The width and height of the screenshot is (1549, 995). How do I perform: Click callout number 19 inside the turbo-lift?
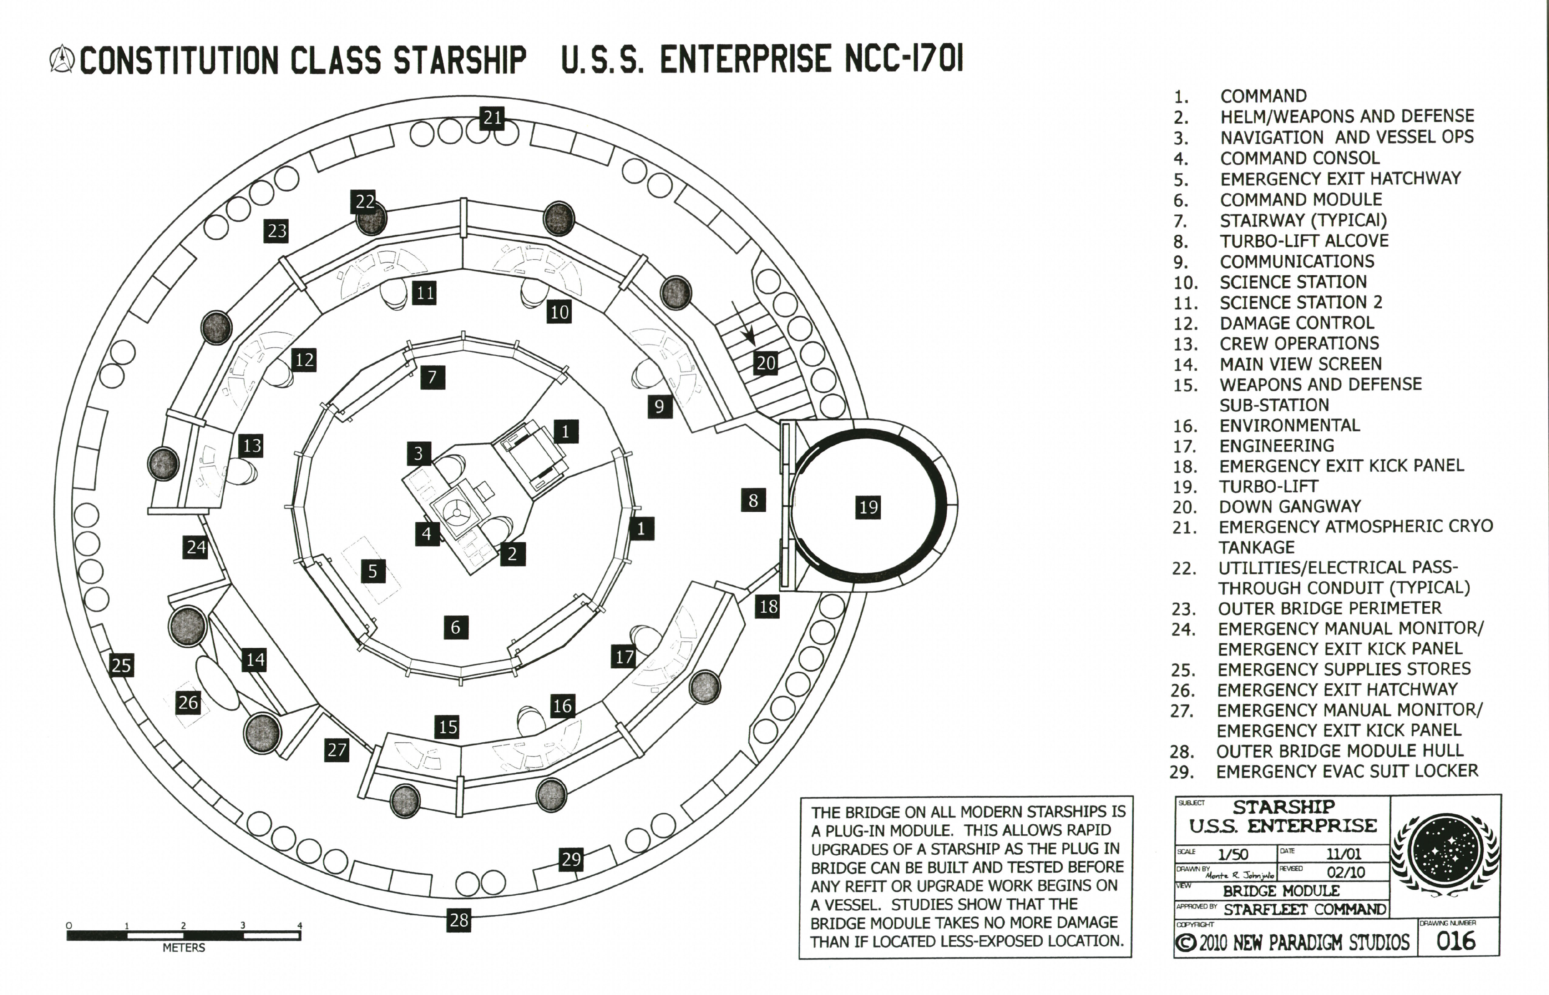point(868,507)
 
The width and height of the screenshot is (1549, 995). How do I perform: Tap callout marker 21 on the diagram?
point(492,118)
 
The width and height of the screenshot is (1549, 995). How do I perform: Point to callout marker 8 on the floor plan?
point(753,500)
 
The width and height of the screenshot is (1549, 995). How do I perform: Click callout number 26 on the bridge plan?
point(188,702)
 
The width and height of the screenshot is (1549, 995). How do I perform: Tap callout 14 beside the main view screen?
point(255,660)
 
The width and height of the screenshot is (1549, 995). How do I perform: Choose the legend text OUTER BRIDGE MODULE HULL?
point(1340,751)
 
